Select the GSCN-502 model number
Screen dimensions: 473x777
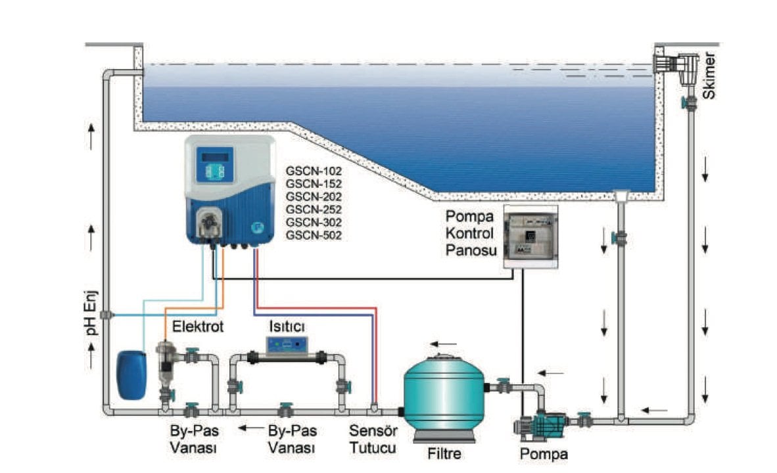click(314, 235)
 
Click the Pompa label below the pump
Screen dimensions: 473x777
click(544, 453)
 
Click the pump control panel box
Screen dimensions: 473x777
click(530, 237)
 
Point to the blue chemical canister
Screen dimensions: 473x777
click(131, 374)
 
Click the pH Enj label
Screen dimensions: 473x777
click(93, 315)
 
